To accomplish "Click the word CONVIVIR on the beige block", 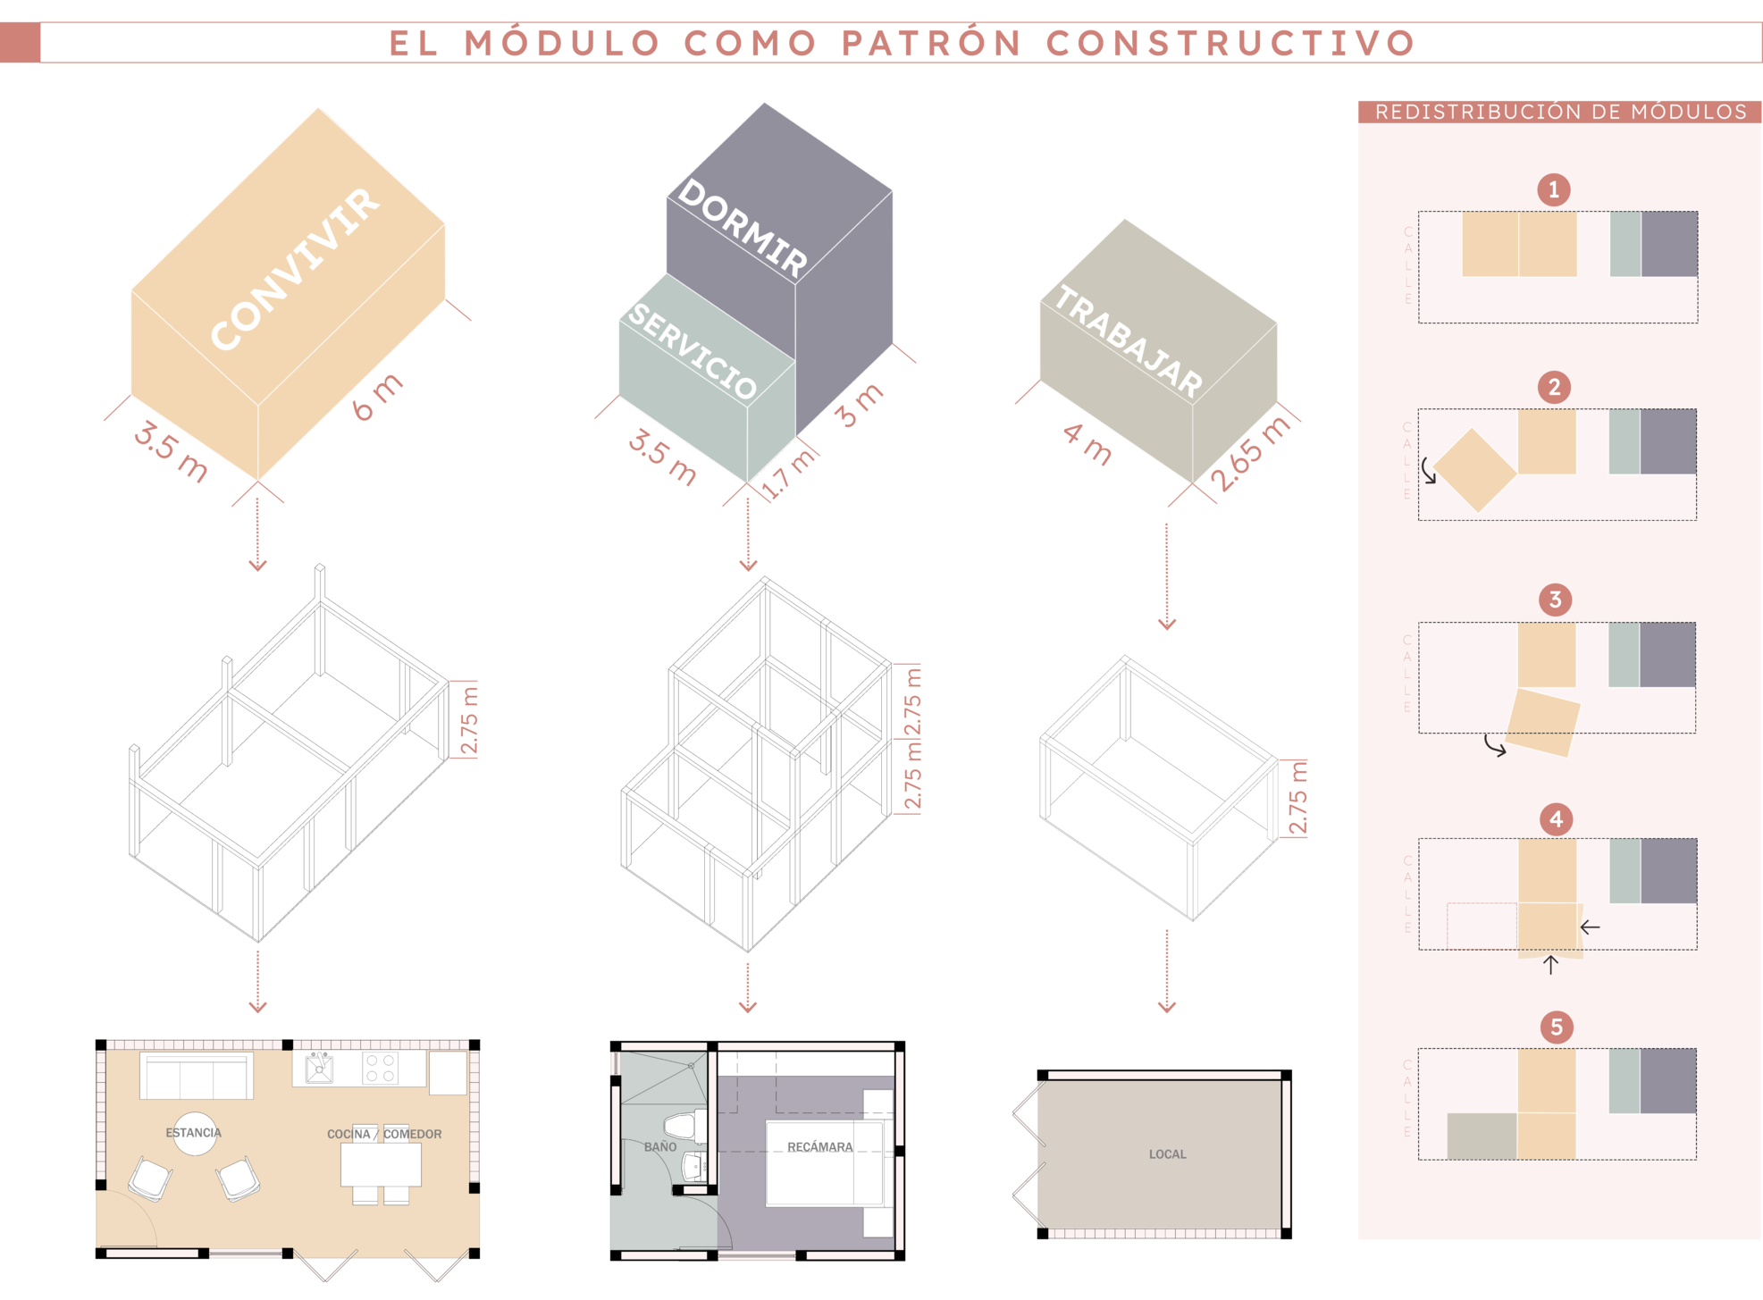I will pos(295,268).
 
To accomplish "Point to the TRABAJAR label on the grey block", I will pos(1129,340).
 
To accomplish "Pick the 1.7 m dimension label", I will pos(790,471).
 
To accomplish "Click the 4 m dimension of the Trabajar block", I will pos(1087,444).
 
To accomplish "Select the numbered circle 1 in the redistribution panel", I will pos(1554,189).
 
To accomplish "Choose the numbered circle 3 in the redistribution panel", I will pos(1555,600).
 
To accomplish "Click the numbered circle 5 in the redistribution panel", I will pos(1557,1027).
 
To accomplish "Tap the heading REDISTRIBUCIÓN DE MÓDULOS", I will pos(1560,112).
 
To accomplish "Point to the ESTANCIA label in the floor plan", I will pos(194,1133).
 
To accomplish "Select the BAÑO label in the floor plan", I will pos(660,1146).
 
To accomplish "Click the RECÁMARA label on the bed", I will pos(819,1146).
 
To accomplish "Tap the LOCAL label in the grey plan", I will pos(1167,1154).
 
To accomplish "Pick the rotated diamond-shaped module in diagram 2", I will pos(1475,471).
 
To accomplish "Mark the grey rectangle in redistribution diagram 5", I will pos(1482,1136).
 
